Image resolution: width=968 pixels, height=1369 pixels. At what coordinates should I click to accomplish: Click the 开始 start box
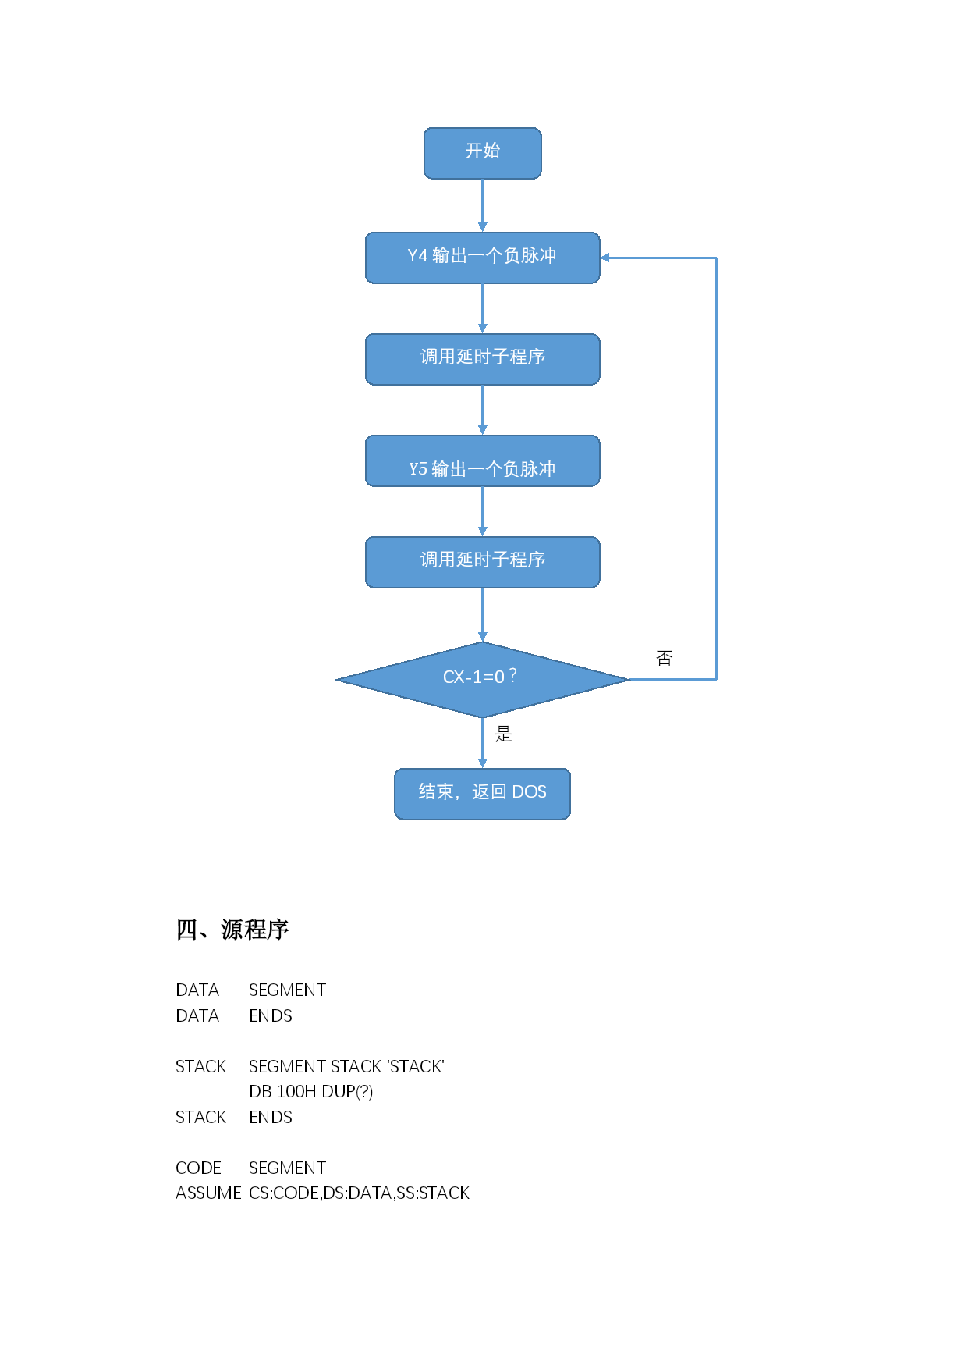(482, 153)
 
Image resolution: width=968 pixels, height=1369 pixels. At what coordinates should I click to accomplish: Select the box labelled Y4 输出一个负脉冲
(482, 258)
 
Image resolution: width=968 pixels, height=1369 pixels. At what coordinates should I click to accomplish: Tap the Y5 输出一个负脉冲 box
(482, 460)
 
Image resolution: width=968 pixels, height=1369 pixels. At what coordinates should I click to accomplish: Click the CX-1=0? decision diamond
(482, 680)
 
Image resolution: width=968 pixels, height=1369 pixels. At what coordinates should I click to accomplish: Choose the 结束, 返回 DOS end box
(482, 794)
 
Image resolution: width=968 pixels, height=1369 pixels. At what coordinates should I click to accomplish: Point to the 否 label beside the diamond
(664, 658)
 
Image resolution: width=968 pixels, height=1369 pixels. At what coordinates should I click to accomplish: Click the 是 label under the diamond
(503, 734)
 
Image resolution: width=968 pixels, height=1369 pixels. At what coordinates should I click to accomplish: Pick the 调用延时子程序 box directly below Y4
(482, 359)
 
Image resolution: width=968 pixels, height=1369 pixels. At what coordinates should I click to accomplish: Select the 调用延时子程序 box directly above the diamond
(482, 562)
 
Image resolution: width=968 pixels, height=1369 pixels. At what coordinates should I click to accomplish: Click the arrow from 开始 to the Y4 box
(482, 205)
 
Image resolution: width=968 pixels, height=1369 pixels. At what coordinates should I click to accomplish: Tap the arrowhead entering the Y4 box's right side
(605, 258)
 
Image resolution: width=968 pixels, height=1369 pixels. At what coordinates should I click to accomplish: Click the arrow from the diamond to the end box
(482, 743)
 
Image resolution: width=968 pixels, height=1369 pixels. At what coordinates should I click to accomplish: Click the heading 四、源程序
(232, 930)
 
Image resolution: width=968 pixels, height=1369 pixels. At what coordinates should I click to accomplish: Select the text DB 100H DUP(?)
(310, 1091)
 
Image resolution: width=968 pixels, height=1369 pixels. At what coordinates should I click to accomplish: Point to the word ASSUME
(208, 1193)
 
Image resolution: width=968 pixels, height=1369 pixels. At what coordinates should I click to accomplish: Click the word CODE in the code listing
(198, 1168)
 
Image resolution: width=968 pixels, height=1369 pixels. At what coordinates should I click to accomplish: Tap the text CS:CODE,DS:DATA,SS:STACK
(359, 1193)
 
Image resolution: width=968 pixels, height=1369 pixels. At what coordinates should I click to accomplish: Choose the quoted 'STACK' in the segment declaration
(416, 1066)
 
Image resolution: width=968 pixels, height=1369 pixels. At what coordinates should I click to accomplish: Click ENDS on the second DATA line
(271, 1015)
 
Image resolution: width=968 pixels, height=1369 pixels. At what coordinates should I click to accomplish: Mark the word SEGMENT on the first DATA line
(287, 990)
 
